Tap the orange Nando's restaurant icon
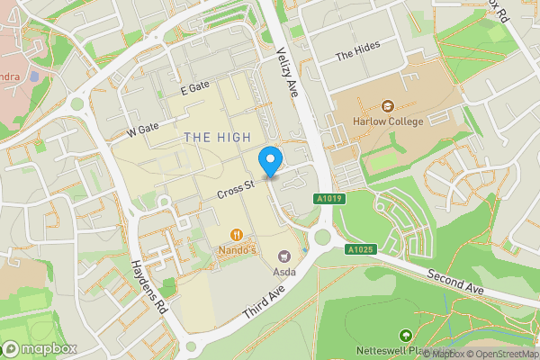237,231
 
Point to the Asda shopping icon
286,257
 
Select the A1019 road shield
329,199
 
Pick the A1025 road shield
359,249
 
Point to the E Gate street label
194,88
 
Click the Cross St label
237,190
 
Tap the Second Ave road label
455,283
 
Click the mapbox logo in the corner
39,347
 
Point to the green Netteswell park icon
404,335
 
